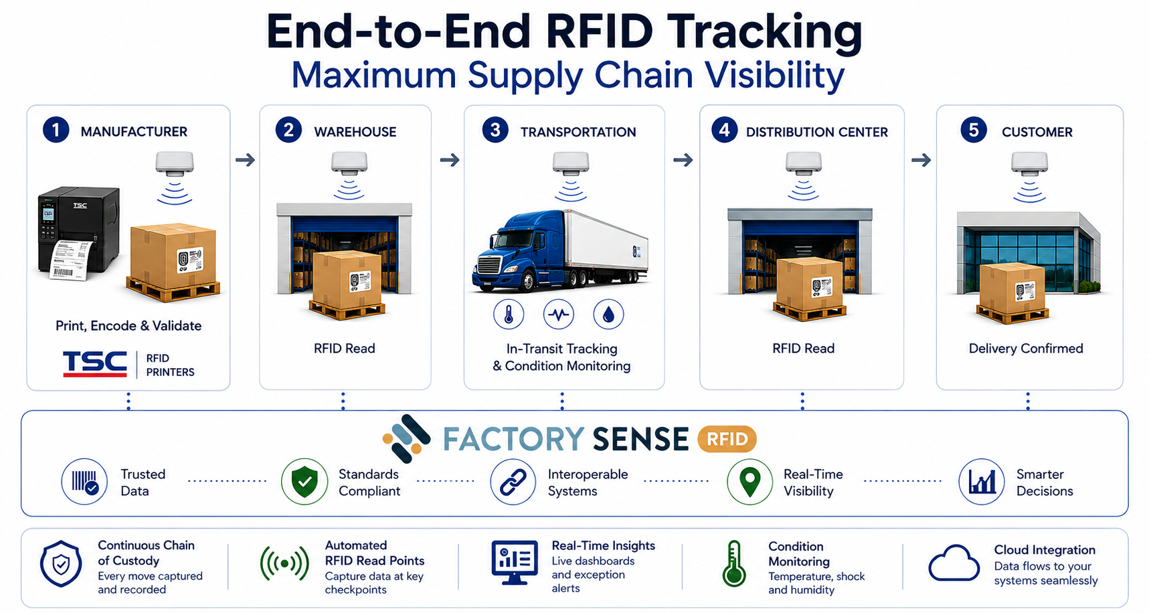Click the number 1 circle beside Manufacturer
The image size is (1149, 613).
56,130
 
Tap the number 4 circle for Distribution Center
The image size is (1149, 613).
724,130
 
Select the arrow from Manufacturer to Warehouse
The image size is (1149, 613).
246,160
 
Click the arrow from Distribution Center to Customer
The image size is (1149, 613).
921,160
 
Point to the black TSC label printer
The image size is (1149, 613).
79,232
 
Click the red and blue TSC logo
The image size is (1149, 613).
95,364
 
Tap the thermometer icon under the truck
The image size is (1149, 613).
509,314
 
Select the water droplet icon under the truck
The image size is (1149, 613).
608,314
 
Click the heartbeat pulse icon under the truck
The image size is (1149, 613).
559,314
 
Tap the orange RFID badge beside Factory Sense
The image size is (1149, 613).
727,439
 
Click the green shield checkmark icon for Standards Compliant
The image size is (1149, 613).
304,481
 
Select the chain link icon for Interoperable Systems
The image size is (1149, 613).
513,481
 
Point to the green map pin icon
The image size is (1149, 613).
750,481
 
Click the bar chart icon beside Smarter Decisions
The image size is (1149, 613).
982,481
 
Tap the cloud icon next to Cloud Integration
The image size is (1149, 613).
954,563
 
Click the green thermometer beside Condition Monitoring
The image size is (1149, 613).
734,564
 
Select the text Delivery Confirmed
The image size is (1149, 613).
1026,348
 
